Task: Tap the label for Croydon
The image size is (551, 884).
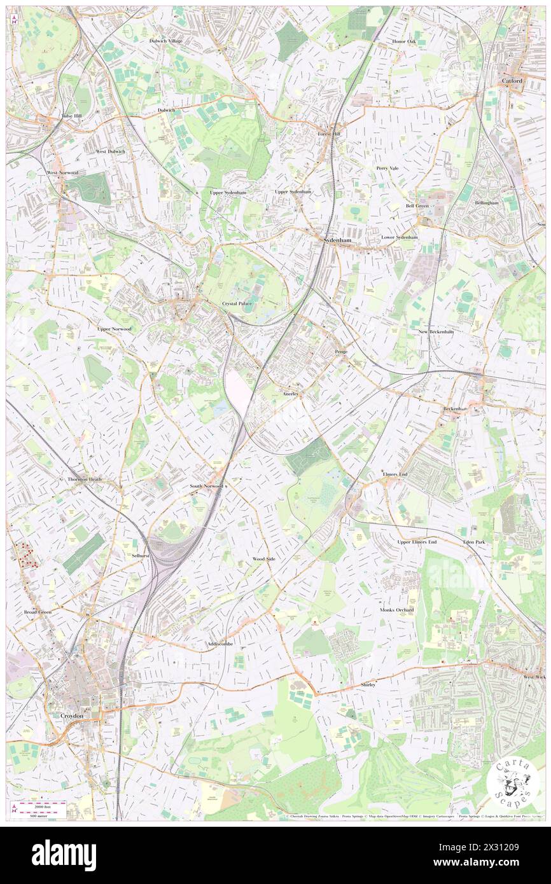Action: tap(72, 715)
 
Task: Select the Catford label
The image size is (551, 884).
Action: tap(512, 81)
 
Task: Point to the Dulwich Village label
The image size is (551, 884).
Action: tap(165, 41)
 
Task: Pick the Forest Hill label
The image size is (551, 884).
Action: tap(330, 134)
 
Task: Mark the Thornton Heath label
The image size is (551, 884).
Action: tap(85, 479)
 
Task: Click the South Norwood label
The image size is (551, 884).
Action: tap(206, 486)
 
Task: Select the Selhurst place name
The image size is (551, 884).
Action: tap(140, 555)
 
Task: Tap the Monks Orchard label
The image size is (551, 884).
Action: tap(396, 610)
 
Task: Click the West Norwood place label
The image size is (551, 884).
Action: tap(62, 172)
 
